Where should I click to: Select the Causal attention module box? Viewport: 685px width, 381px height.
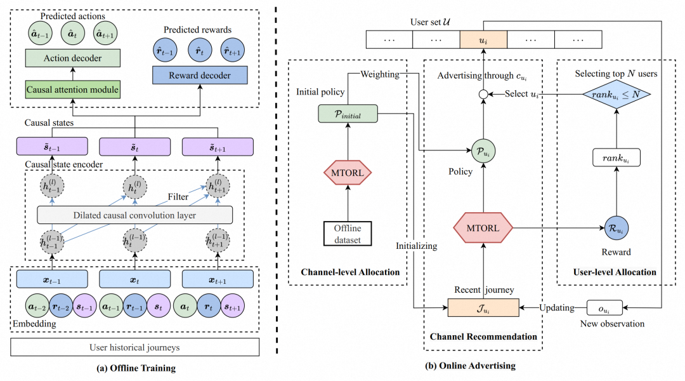click(x=72, y=90)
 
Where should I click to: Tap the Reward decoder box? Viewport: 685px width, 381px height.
click(x=200, y=76)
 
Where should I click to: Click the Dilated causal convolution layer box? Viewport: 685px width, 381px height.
click(x=134, y=215)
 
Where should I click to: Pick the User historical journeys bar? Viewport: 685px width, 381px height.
click(x=134, y=347)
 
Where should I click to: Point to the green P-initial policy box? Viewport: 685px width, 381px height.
click(x=346, y=114)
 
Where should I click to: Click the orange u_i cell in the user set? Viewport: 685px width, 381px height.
click(x=483, y=39)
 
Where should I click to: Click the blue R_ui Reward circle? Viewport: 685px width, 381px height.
click(x=616, y=225)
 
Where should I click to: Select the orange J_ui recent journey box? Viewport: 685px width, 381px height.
click(x=483, y=308)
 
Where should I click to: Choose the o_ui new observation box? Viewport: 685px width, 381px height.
click(x=604, y=308)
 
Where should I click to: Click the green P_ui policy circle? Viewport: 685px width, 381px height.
click(x=483, y=151)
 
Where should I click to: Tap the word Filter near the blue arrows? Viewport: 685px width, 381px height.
click(x=178, y=197)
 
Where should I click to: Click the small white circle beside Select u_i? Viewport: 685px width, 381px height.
click(x=483, y=95)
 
